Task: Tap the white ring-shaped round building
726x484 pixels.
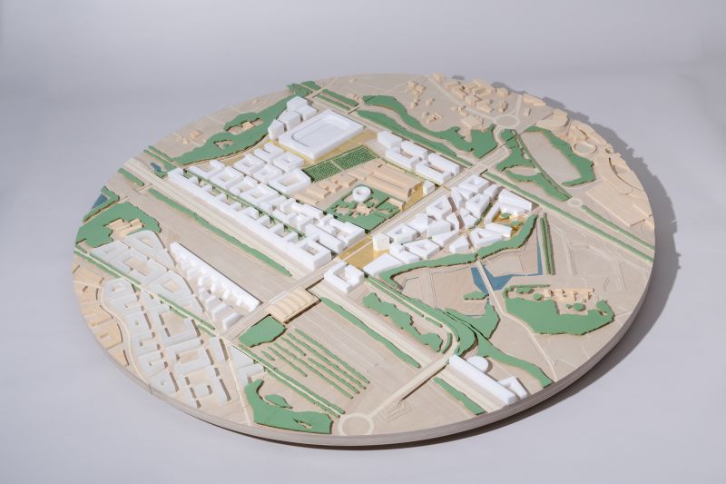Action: coord(361,193)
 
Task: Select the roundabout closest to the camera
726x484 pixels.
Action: coord(356,423)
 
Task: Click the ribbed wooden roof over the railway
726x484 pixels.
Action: coord(291,306)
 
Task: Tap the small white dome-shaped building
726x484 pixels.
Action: coord(477,364)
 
